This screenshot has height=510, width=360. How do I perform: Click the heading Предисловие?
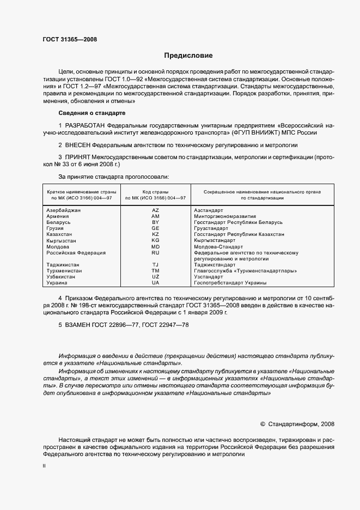189,56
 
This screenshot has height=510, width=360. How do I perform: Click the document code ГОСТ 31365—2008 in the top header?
66,39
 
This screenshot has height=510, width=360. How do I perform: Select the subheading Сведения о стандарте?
91,113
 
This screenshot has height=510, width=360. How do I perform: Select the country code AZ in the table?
155,211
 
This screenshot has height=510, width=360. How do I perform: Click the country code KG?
155,241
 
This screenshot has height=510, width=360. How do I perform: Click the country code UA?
155,283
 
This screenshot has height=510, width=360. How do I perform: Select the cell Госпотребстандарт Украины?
230,283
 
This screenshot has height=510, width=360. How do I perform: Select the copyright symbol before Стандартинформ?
263,423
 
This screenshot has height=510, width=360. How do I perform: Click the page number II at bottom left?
45,466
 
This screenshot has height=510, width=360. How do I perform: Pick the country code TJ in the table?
155,265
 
